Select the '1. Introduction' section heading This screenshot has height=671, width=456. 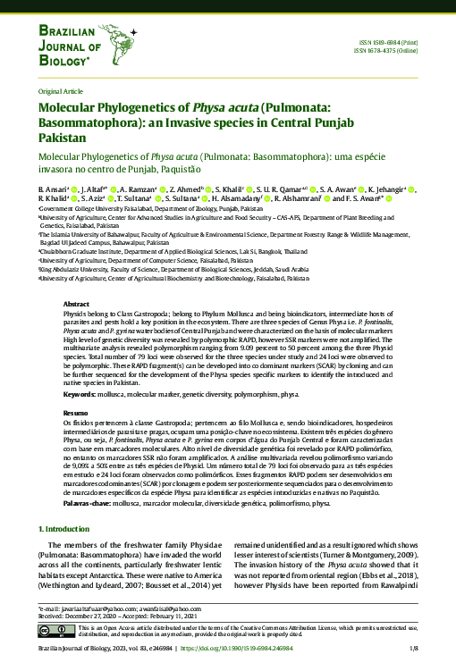pos(67,530)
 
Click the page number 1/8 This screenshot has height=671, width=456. pos(413,648)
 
